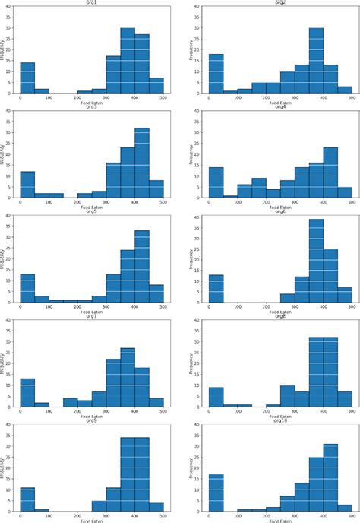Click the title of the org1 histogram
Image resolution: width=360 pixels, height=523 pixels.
click(91, 3)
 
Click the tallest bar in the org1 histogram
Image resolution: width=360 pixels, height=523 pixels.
click(127, 61)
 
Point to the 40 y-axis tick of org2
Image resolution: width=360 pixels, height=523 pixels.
click(199, 7)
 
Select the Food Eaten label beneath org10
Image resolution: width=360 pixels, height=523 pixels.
click(279, 519)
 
